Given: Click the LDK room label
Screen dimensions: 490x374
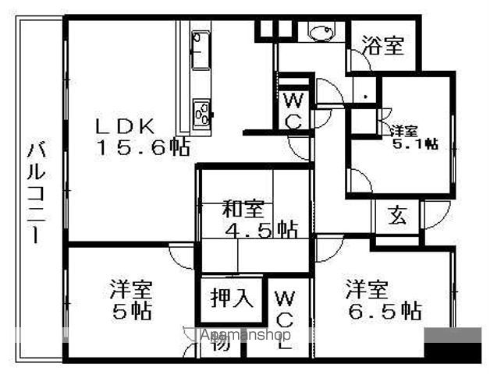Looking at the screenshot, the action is (129, 125).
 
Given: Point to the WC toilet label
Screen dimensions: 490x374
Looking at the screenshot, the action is (293, 110).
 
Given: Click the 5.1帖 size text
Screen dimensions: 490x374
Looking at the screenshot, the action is (414, 143).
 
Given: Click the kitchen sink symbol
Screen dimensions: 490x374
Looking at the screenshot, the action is (200, 50).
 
